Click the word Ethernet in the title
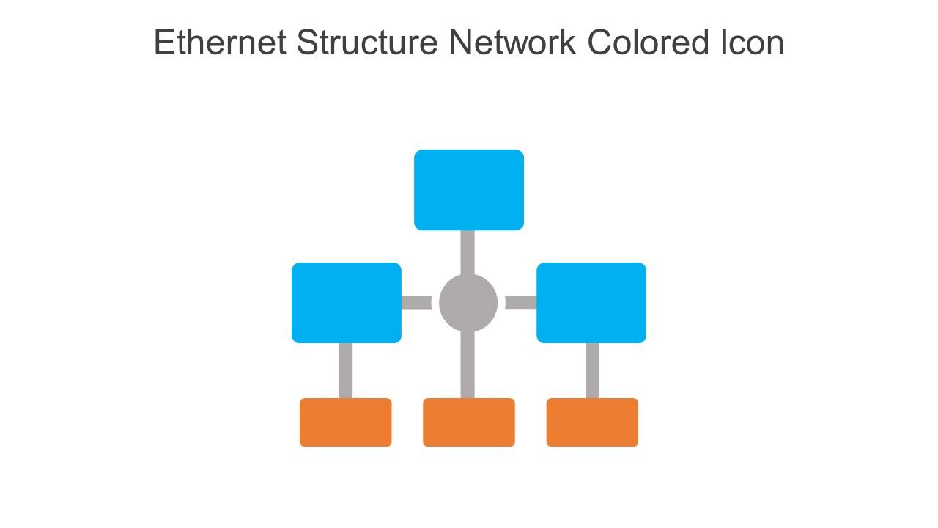coord(221,43)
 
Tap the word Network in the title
coord(512,43)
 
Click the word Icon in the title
coord(748,43)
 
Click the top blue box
coord(469,190)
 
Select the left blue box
coord(347,303)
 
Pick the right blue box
coord(591,303)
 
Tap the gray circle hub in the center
coord(468,303)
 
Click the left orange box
coord(346,422)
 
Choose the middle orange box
coord(469,422)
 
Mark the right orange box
coord(592,422)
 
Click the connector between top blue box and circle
coord(468,252)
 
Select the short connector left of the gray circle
coord(416,303)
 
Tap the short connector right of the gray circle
coord(521,303)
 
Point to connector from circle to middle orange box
coord(468,365)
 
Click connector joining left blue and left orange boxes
coord(345,370)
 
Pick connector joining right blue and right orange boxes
coord(592,370)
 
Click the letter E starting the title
coord(163,43)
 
